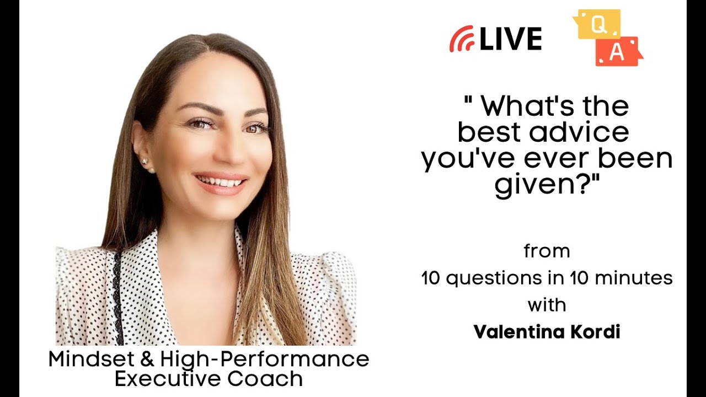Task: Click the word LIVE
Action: tap(510, 39)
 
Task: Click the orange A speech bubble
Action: tap(618, 52)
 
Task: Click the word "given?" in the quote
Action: tap(547, 185)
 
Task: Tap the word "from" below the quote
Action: tap(547, 251)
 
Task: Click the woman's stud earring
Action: tap(145, 162)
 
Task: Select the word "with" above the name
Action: tap(547, 304)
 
